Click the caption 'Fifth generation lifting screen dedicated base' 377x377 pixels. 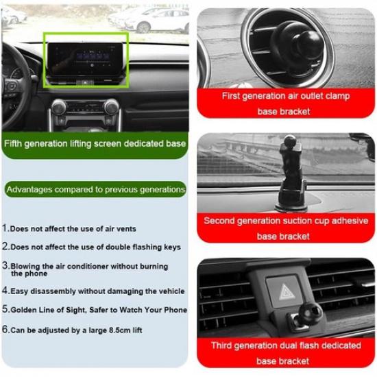pos(95,144)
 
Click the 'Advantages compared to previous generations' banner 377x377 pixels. pos(95,188)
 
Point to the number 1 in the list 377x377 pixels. pos(5,228)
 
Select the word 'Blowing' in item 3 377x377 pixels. pos(27,265)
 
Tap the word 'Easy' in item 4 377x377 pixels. pos(21,291)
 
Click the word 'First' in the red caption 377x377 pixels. pos(233,96)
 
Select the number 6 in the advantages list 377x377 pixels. pos(5,329)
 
